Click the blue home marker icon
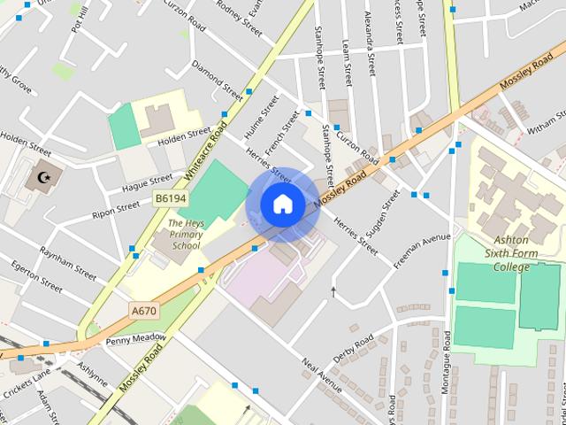click(x=282, y=204)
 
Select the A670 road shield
click(x=143, y=311)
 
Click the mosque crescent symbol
click(x=40, y=179)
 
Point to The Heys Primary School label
click(x=186, y=235)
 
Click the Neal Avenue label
click(x=321, y=376)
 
